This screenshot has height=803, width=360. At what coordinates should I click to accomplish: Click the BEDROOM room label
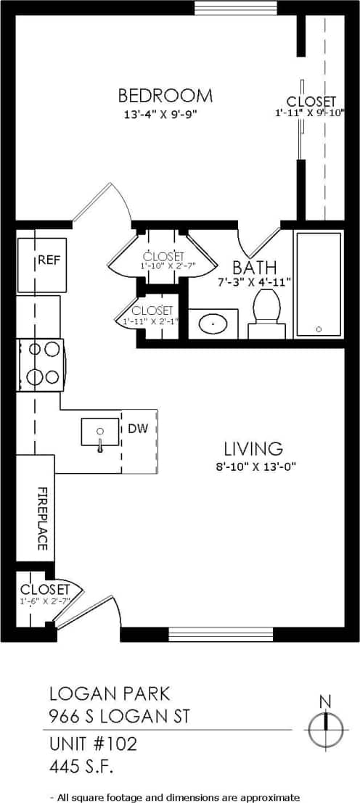click(165, 96)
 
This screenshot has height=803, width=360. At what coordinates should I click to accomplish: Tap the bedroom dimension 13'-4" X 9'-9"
click(160, 114)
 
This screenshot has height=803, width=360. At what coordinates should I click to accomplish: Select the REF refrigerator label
click(49, 260)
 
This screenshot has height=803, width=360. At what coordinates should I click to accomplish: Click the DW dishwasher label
click(137, 428)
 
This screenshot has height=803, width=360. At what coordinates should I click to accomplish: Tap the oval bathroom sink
click(213, 324)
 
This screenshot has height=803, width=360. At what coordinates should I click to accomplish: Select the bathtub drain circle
click(319, 329)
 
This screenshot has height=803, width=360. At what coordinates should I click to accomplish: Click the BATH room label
click(254, 266)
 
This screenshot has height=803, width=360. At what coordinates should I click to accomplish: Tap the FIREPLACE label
click(41, 518)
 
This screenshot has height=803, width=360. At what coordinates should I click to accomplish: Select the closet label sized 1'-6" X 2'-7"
click(44, 589)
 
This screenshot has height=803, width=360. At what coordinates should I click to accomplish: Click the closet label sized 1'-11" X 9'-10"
click(311, 102)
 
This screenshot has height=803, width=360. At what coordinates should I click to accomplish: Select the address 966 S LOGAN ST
click(119, 717)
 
